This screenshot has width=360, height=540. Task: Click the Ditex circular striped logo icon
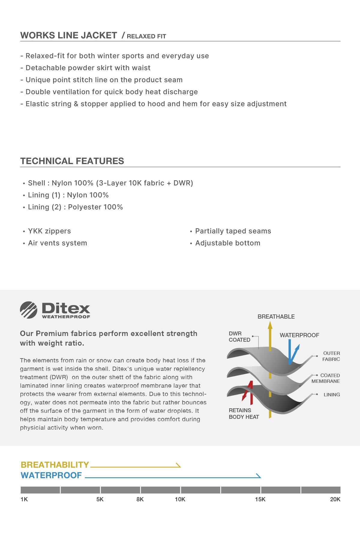click(x=28, y=310)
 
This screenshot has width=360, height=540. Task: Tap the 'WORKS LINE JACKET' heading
click(x=69, y=35)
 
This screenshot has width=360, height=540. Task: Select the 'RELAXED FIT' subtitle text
click(x=146, y=36)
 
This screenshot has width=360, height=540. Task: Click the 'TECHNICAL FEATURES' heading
click(x=72, y=161)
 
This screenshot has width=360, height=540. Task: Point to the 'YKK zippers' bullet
click(x=49, y=231)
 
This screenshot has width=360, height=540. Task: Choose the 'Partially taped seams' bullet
click(x=233, y=231)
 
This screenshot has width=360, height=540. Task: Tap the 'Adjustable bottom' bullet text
click(x=228, y=243)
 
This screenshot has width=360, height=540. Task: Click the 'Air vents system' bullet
click(x=57, y=243)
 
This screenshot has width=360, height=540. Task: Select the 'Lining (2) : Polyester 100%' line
click(x=75, y=207)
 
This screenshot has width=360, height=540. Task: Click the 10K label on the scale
click(x=180, y=499)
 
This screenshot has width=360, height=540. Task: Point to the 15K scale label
click(x=260, y=499)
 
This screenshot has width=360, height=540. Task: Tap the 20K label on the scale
click(x=335, y=499)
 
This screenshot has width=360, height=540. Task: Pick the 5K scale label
click(x=100, y=499)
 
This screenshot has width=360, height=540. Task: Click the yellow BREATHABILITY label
click(x=55, y=465)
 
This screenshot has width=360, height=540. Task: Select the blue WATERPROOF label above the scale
click(x=51, y=475)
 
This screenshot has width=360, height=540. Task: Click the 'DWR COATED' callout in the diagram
click(x=239, y=337)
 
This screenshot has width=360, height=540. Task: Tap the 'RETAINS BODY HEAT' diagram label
click(x=244, y=413)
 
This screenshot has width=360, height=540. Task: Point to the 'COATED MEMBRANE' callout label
click(x=326, y=378)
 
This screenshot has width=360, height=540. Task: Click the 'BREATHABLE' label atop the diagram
click(x=276, y=316)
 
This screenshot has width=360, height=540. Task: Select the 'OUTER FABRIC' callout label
click(x=331, y=356)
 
